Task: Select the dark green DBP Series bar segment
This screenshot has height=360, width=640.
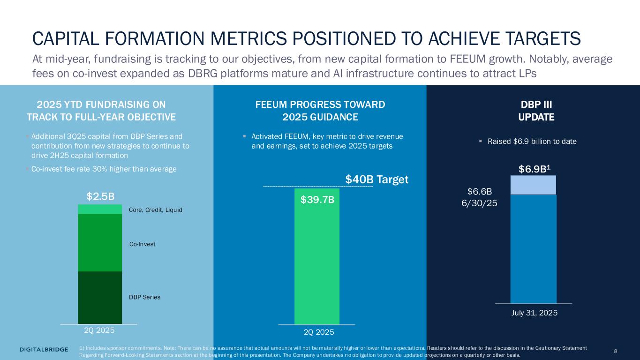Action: [99, 297]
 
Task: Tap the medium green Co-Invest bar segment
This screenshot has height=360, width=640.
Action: [99, 242]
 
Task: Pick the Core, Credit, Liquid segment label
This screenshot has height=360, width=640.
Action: [155, 210]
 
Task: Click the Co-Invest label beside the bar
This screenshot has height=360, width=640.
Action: [142, 244]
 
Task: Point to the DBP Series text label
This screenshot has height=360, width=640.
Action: [144, 297]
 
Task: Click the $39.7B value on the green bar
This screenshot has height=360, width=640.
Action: [317, 200]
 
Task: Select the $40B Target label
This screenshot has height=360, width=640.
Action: [377, 179]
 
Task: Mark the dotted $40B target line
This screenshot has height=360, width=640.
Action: [318, 187]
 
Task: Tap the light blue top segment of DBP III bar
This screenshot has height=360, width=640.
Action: [533, 185]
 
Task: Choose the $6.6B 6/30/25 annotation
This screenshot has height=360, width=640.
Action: [482, 197]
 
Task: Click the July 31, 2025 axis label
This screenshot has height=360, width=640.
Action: [533, 312]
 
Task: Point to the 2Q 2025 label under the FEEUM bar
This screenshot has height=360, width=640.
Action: [319, 332]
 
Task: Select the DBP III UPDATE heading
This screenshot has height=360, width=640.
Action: [536, 111]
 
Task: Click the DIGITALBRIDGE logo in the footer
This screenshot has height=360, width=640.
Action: [44, 349]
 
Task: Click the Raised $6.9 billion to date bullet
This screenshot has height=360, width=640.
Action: [532, 141]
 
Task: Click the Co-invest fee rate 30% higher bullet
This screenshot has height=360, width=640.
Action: [104, 169]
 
